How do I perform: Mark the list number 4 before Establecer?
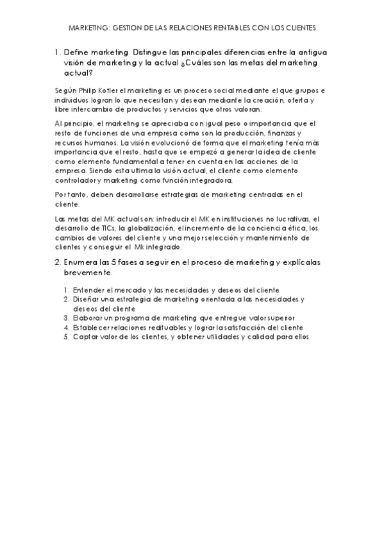(x=66, y=327)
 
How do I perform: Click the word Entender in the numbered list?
(x=88, y=290)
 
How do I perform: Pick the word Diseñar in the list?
(x=86, y=299)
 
